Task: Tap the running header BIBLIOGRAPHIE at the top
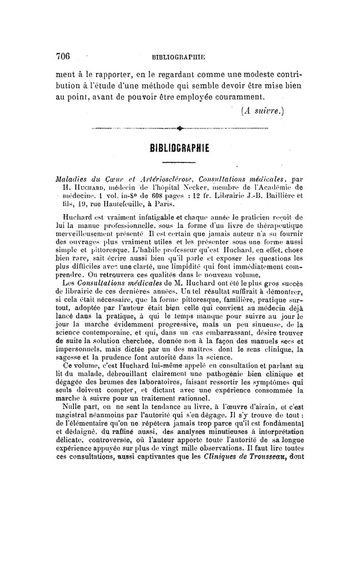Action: click(x=180, y=57)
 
